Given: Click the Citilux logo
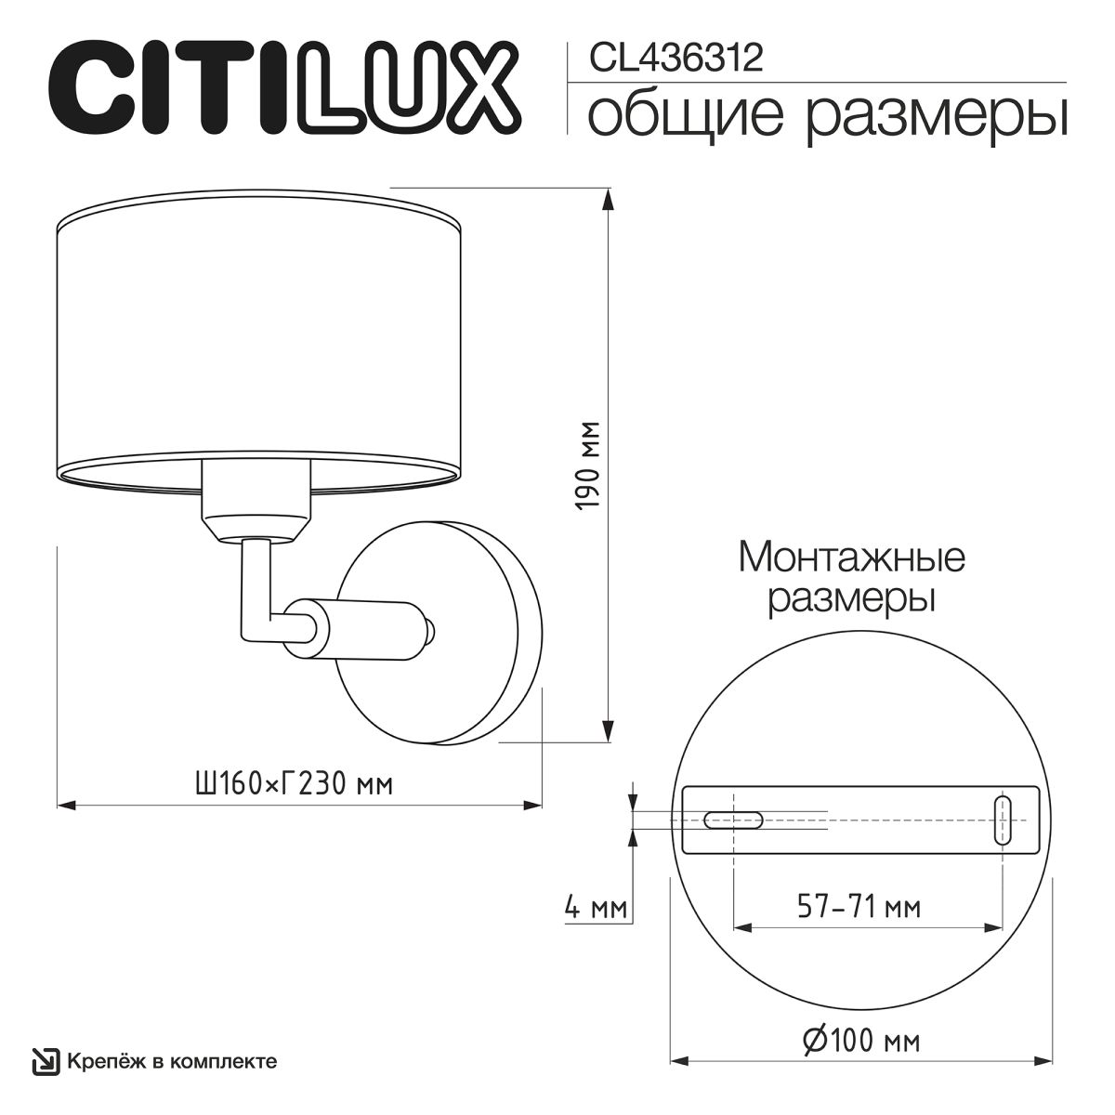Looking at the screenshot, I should [x=283, y=91].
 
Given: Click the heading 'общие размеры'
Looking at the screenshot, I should [x=828, y=115].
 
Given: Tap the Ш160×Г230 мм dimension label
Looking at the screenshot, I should [x=293, y=783].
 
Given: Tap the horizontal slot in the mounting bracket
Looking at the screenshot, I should [x=733, y=819].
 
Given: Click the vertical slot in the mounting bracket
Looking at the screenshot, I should [x=1003, y=820].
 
